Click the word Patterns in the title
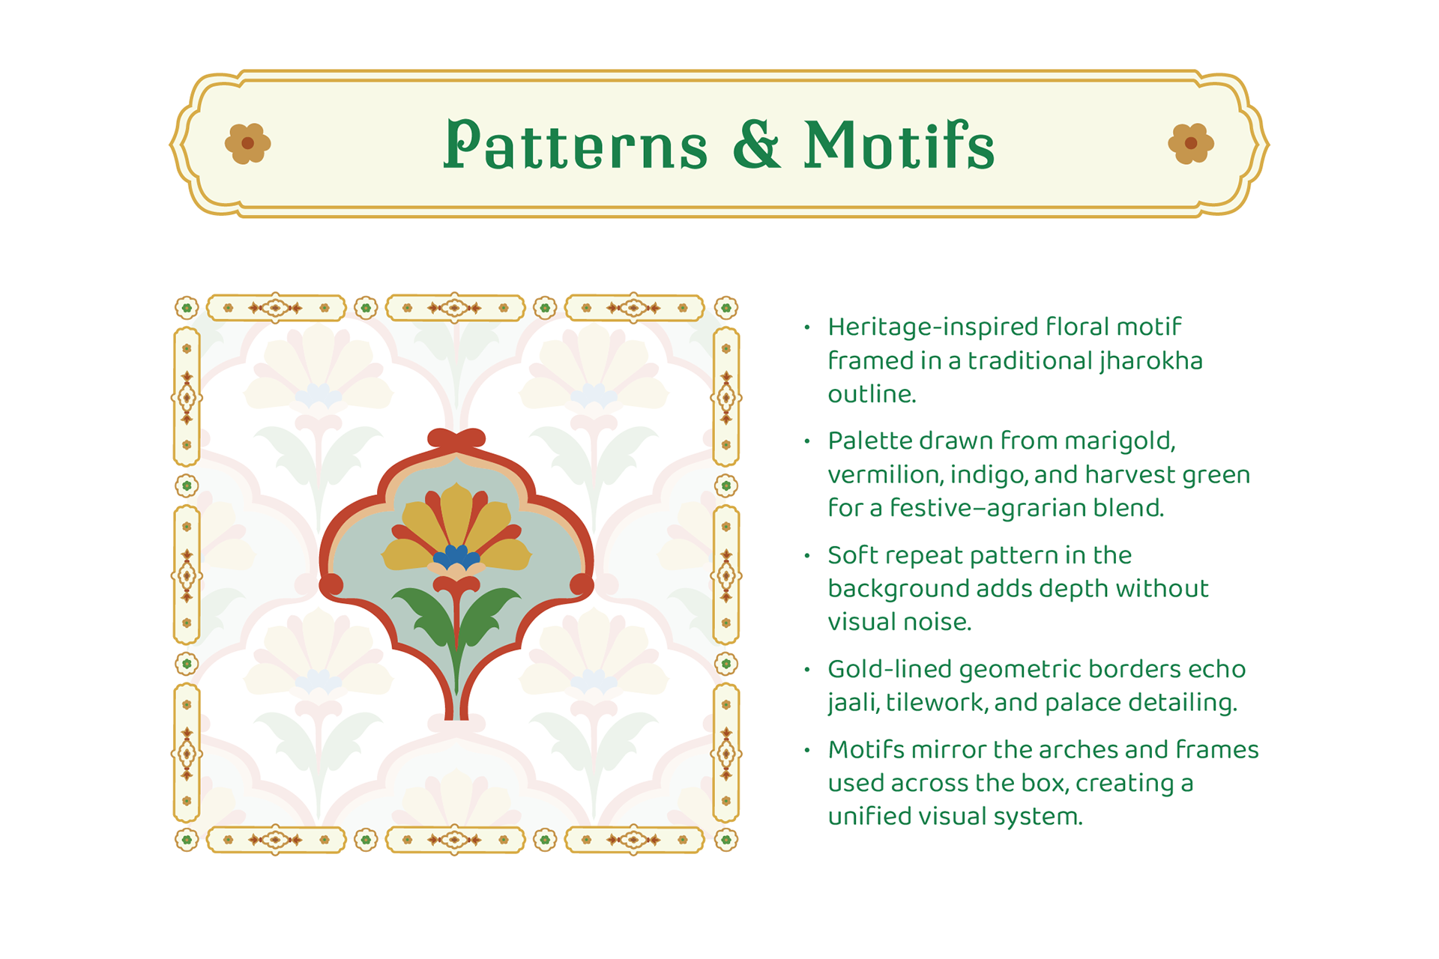[576, 144]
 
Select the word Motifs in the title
[899, 144]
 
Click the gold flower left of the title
[247, 143]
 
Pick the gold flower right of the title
[1191, 143]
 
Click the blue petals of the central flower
[456, 556]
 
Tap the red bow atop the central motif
[456, 438]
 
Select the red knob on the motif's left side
[331, 584]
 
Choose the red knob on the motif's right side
[582, 584]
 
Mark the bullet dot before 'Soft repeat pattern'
[807, 555]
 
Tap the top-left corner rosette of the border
[187, 307]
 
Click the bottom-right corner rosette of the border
[725, 840]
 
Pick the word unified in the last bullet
[869, 816]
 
